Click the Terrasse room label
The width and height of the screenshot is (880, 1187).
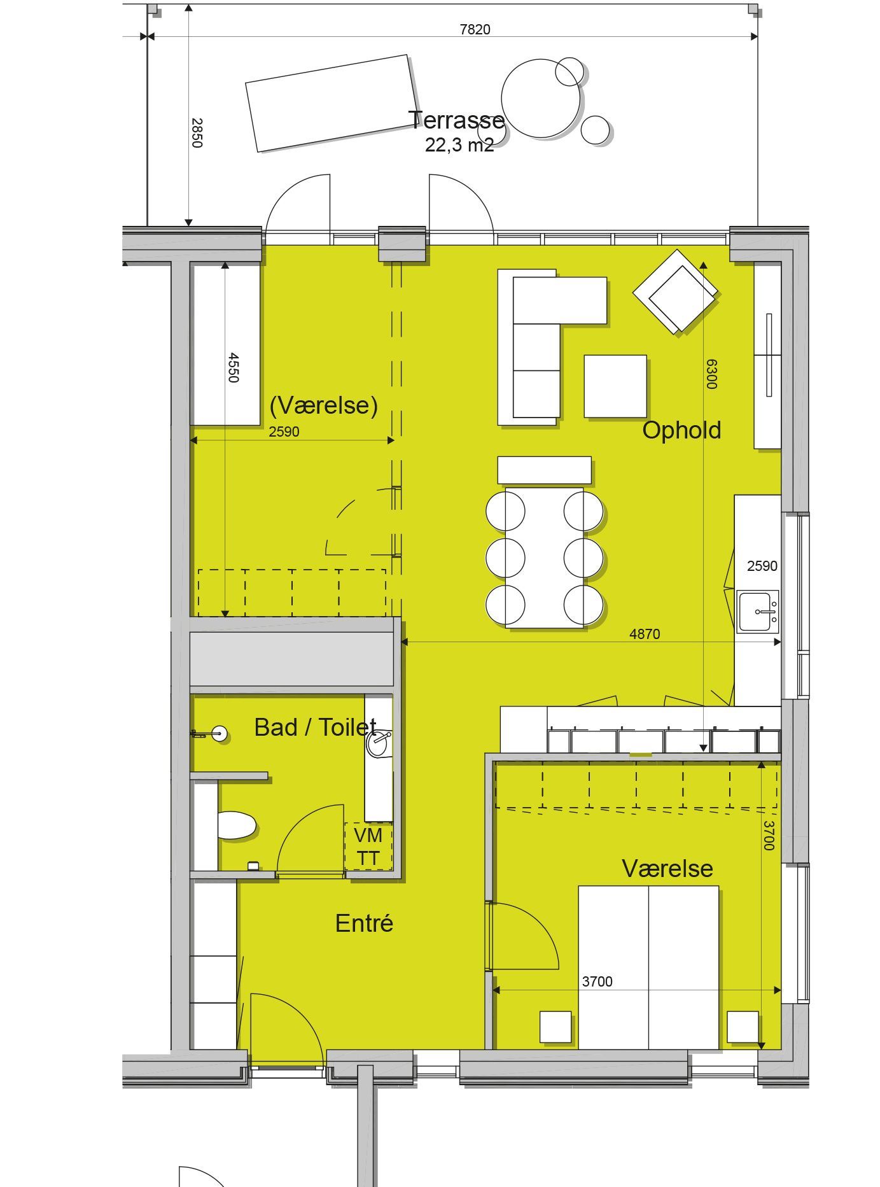click(457, 120)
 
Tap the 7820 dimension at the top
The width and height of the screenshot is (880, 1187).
click(475, 29)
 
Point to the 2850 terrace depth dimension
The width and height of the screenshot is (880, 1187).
click(197, 132)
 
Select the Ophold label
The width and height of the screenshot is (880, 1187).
click(681, 430)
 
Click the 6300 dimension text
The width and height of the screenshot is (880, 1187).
click(711, 374)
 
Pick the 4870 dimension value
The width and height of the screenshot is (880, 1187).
click(645, 634)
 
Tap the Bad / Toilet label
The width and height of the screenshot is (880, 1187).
click(315, 727)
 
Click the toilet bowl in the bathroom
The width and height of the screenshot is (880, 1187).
click(237, 825)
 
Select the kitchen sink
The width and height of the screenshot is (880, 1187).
click(758, 611)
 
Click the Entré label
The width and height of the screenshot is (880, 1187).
click(364, 923)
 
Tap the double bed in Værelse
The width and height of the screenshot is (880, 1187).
click(648, 967)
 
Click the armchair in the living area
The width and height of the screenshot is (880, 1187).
click(675, 291)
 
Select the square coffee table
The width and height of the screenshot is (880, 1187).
click(615, 386)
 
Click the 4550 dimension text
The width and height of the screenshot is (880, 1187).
click(233, 367)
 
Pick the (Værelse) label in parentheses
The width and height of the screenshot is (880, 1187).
click(323, 405)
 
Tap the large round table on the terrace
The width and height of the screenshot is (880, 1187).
click(541, 99)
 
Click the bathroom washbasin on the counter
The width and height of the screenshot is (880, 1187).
click(380, 743)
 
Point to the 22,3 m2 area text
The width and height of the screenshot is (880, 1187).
click(459, 145)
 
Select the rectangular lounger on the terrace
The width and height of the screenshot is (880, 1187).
click(332, 103)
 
